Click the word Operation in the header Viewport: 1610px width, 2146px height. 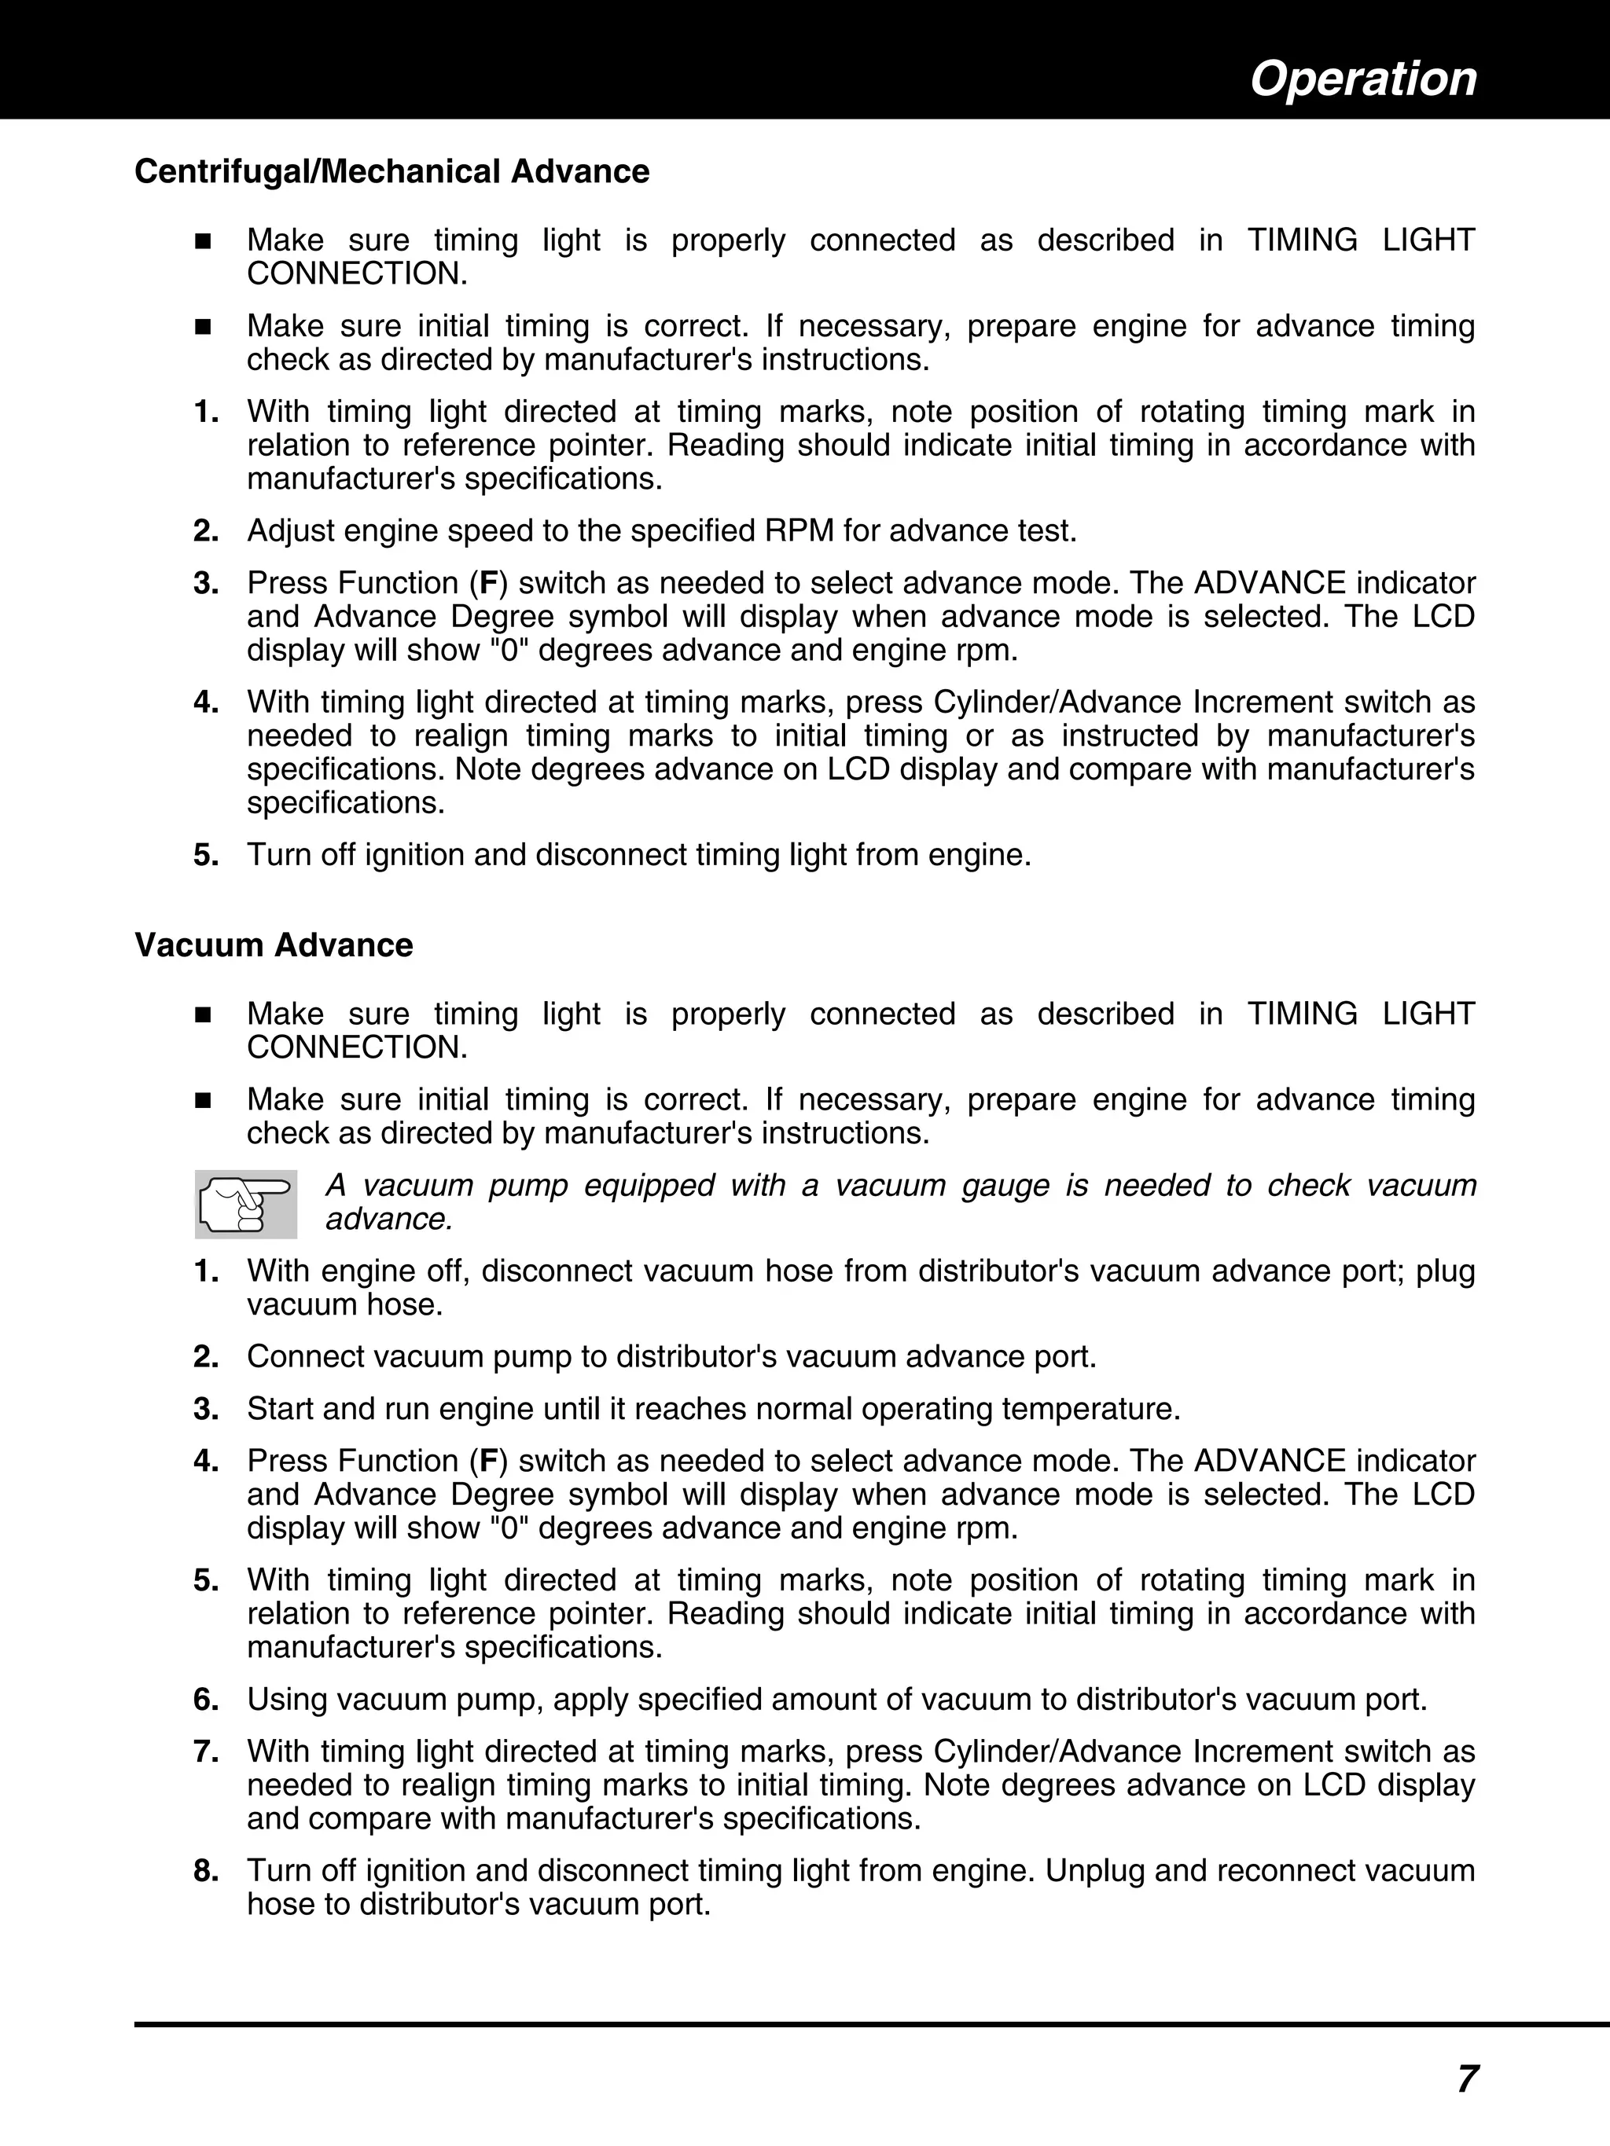tap(1362, 79)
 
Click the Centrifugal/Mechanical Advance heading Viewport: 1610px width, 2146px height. tap(391, 172)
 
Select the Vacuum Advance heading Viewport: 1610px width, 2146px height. tap(274, 945)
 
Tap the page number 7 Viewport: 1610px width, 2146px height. tap(1466, 2078)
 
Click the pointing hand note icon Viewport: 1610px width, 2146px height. tap(245, 1204)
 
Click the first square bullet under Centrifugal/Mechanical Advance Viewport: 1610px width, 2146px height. tap(203, 241)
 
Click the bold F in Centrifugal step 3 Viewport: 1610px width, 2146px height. tap(489, 584)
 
